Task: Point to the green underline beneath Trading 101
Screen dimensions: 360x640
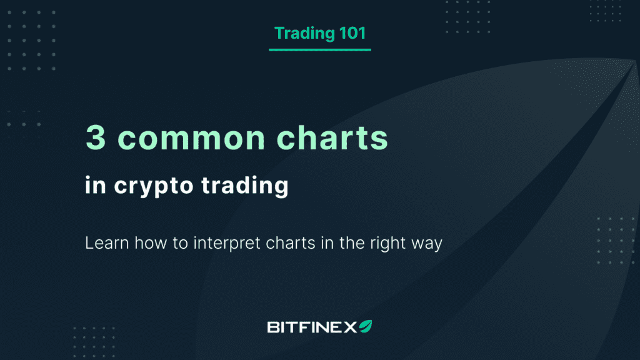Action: (x=319, y=49)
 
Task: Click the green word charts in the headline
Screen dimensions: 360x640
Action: (x=334, y=139)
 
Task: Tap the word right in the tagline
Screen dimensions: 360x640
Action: (x=384, y=243)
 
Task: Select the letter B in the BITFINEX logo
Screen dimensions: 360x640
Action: (x=273, y=326)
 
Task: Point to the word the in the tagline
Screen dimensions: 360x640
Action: (x=350, y=242)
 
